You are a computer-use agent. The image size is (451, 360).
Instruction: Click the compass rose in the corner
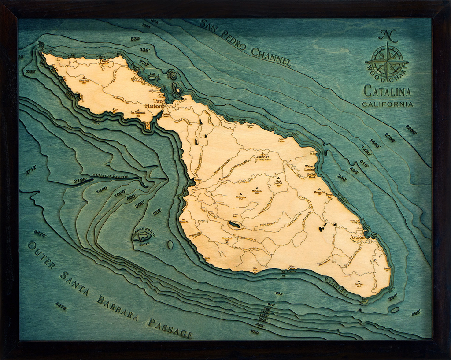[387, 61]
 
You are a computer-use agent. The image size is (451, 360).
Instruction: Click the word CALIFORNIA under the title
[388, 104]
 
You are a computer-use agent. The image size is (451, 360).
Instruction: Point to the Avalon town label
[358, 237]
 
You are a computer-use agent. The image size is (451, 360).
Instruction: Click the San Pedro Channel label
[245, 42]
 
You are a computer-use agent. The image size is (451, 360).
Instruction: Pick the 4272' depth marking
[61, 306]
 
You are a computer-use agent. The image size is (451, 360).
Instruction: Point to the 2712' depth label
[30, 170]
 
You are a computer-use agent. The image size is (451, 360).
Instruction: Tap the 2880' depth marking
[410, 130]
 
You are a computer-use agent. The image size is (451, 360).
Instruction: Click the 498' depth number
[415, 313]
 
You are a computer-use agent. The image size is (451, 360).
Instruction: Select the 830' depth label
[136, 39]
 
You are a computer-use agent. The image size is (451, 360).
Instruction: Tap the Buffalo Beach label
[312, 175]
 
